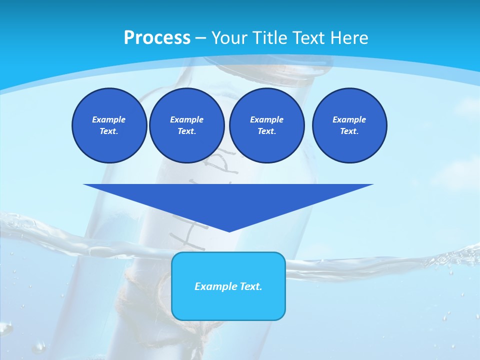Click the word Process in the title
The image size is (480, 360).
(x=157, y=38)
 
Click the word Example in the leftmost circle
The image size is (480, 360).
(x=109, y=119)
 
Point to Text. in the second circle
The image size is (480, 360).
(x=186, y=131)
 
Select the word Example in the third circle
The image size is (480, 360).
(x=266, y=119)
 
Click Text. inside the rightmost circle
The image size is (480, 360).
(x=349, y=131)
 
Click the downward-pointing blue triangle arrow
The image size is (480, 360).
(x=228, y=200)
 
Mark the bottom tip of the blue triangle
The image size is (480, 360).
(x=229, y=231)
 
